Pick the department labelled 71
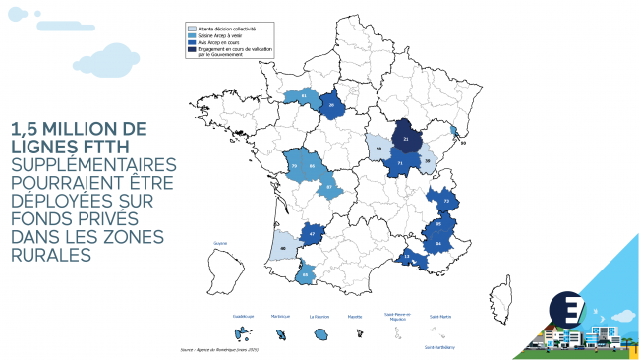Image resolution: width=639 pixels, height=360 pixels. point(400,162)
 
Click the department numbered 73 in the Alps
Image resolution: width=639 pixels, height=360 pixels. point(446,201)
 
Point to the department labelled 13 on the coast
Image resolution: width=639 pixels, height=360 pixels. point(407,256)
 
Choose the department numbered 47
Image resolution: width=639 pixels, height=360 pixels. point(312,234)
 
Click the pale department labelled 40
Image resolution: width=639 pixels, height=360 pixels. point(283,248)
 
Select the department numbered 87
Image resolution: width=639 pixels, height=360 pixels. point(330,186)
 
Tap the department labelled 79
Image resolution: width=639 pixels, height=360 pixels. point(294,166)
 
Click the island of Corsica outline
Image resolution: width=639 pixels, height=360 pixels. point(505,291)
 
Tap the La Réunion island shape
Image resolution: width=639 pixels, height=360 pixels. point(319,333)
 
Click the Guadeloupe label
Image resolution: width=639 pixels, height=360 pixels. point(242,316)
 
